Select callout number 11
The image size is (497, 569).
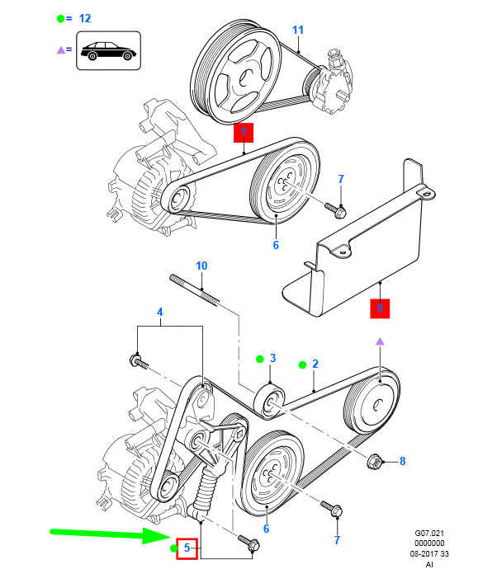(298, 31)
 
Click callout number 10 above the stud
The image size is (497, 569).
(201, 266)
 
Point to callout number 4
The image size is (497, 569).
(161, 312)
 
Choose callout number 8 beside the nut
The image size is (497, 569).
(402, 461)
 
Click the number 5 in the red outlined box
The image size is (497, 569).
(187, 547)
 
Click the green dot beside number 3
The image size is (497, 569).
(258, 359)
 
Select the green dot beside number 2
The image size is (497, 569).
(302, 364)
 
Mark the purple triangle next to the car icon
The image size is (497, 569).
(60, 49)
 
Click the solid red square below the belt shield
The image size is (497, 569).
(380, 309)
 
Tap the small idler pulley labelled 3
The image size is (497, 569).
(270, 398)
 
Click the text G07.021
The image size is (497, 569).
(428, 535)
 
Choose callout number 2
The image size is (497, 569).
(315, 364)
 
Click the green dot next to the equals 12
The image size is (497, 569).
(60, 17)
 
